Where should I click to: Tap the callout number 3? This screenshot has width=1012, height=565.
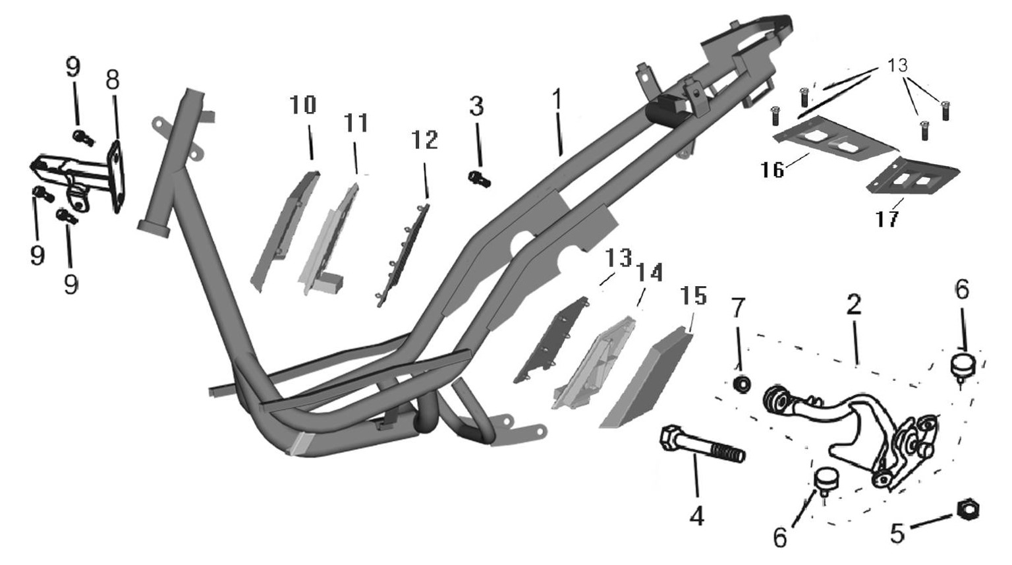coord(476,106)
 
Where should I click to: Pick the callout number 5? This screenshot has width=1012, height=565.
coord(897,533)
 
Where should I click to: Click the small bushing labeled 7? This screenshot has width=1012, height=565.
coord(742,384)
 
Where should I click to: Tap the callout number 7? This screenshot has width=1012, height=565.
coord(738,309)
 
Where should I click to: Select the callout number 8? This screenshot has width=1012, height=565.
coord(112,80)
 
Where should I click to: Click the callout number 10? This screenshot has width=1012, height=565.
coord(302,105)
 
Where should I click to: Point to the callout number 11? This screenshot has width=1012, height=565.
coord(356,123)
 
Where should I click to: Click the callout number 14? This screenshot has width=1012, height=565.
coord(649,272)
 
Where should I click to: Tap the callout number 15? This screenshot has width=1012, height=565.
coord(694,295)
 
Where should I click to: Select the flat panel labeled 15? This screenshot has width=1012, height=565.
coord(646,377)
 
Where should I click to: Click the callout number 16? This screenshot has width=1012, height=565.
coord(772,170)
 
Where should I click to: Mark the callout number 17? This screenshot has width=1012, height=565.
coord(886,220)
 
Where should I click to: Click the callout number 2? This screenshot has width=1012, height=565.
coord(853,305)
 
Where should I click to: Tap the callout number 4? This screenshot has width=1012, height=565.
coord(697,516)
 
